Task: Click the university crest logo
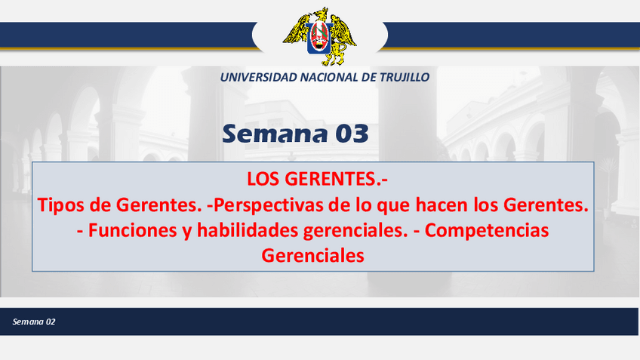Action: pyautogui.click(x=319, y=36)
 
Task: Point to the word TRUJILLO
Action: pyautogui.click(x=405, y=77)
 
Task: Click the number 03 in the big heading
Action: pyautogui.click(x=352, y=134)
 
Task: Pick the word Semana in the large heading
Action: pyautogui.click(x=275, y=134)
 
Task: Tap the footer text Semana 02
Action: pyautogui.click(x=34, y=322)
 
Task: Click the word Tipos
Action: pyautogui.click(x=61, y=205)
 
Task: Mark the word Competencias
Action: pyautogui.click(x=487, y=231)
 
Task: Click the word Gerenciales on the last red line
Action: pyautogui.click(x=312, y=256)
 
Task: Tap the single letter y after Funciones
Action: pyautogui.click(x=187, y=232)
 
